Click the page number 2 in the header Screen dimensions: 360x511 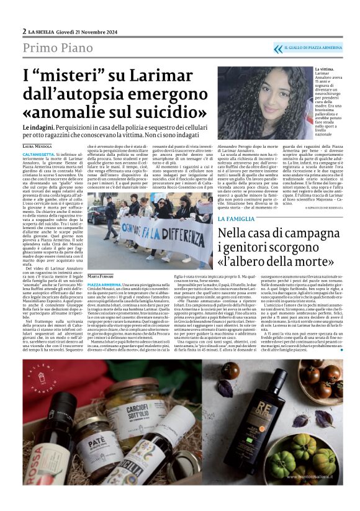pyautogui.click(x=24, y=31)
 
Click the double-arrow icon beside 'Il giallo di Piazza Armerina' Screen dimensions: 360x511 pyautogui.click(x=277, y=48)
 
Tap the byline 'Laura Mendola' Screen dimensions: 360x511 pyautogui.click(x=37, y=147)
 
